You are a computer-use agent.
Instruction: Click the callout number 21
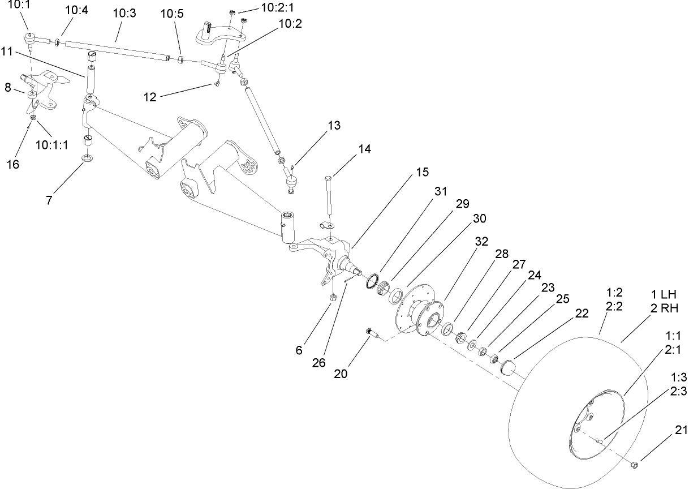click(680, 430)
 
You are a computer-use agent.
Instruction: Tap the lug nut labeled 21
click(635, 465)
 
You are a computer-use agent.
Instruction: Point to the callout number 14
click(364, 149)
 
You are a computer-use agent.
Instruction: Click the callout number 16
click(12, 164)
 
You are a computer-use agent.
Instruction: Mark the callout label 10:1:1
click(51, 144)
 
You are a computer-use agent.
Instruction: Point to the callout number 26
click(319, 363)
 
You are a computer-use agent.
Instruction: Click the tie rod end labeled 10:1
click(31, 38)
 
